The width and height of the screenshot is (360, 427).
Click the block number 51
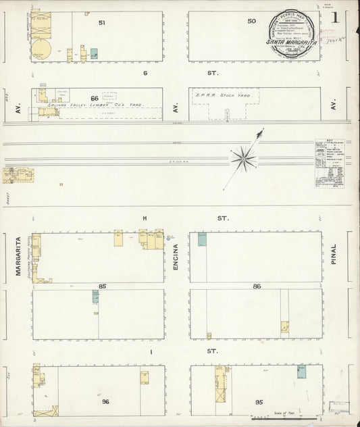102,23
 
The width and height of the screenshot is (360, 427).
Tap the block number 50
252,21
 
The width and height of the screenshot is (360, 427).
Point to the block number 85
103,286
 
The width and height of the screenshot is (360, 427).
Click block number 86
257,286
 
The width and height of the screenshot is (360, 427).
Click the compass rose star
243,159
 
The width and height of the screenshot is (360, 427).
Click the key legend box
329,162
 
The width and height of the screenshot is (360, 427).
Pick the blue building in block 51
94,53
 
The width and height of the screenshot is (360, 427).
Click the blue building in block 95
301,371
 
